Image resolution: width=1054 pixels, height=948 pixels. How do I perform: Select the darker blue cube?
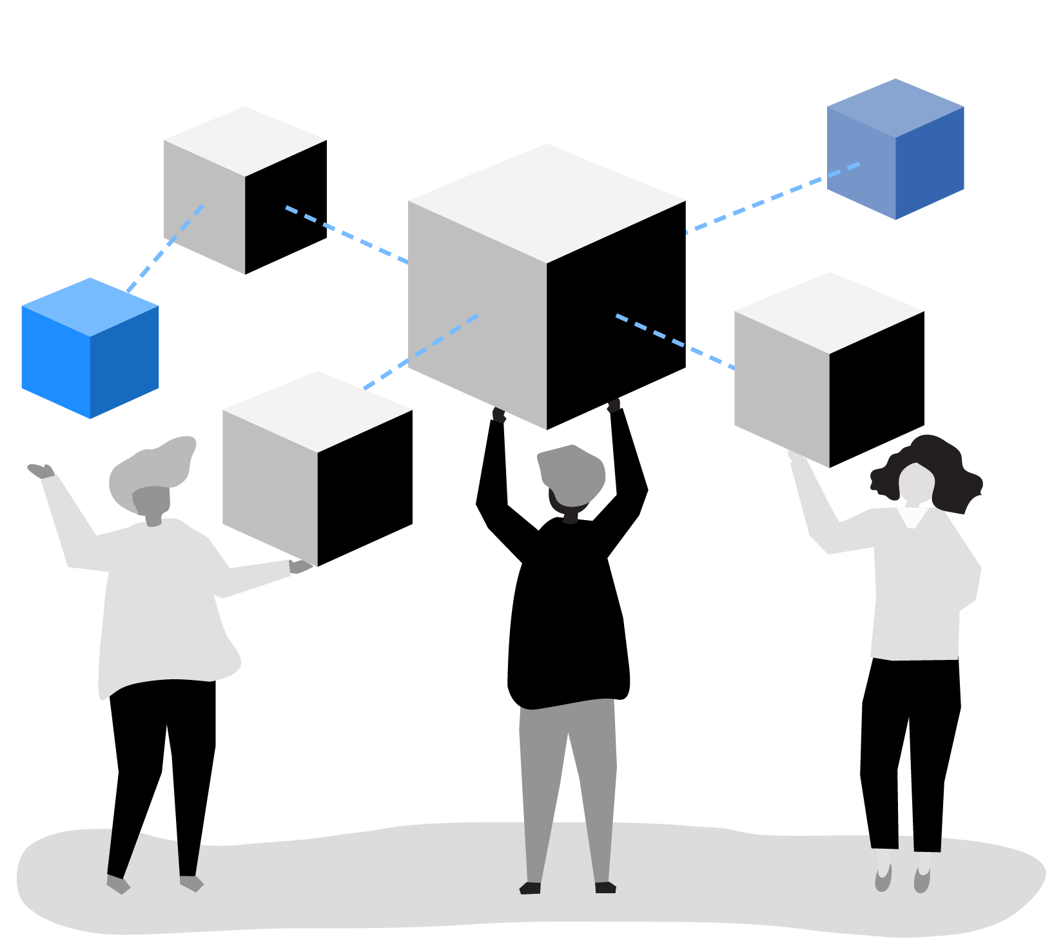895,150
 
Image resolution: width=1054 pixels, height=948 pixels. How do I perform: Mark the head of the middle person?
572,477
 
